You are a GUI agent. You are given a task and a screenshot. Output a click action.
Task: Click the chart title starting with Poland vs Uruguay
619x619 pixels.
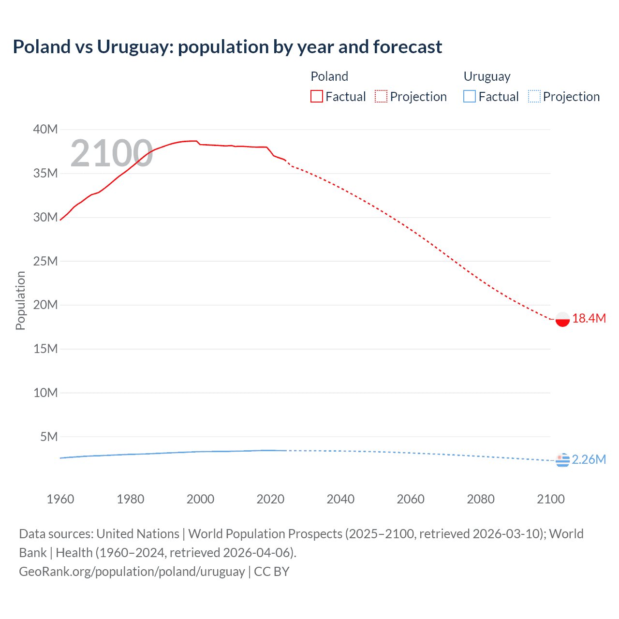[227, 47]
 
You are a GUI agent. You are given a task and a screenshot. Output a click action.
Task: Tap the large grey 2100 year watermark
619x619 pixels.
[112, 154]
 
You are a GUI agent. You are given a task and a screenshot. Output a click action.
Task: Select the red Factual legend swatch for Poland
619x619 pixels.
[316, 97]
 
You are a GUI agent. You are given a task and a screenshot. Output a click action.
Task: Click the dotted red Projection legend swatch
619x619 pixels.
[381, 97]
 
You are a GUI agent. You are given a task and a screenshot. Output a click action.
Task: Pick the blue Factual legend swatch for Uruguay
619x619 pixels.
[470, 97]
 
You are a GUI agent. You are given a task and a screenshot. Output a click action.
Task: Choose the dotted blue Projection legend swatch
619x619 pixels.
[534, 97]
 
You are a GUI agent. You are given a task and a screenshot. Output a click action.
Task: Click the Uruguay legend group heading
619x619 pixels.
[487, 76]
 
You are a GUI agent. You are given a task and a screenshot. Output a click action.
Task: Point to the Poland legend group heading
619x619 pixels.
[329, 76]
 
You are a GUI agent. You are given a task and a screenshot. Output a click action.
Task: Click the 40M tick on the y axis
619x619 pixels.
[45, 130]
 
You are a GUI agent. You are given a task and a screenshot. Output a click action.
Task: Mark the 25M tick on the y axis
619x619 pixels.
[45, 261]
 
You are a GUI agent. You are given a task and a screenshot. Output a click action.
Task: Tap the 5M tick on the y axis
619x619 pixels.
[49, 437]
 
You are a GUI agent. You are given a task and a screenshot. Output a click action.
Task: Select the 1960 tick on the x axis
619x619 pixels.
[60, 499]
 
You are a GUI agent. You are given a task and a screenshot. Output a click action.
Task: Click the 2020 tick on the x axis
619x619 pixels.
[270, 499]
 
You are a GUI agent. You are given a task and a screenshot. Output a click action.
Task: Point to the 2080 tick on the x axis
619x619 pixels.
[481, 499]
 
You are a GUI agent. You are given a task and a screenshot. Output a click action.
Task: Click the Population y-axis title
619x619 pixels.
[20, 300]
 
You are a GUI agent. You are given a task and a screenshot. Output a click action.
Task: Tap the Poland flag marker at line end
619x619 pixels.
[562, 319]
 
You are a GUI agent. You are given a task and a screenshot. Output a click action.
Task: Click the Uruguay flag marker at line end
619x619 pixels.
[562, 460]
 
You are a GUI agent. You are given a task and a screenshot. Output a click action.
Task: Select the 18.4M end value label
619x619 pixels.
[589, 318]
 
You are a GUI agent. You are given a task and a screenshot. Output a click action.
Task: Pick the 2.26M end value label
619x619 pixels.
[589, 459]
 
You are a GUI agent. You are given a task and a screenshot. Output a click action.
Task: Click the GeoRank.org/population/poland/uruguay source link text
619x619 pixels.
[132, 572]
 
